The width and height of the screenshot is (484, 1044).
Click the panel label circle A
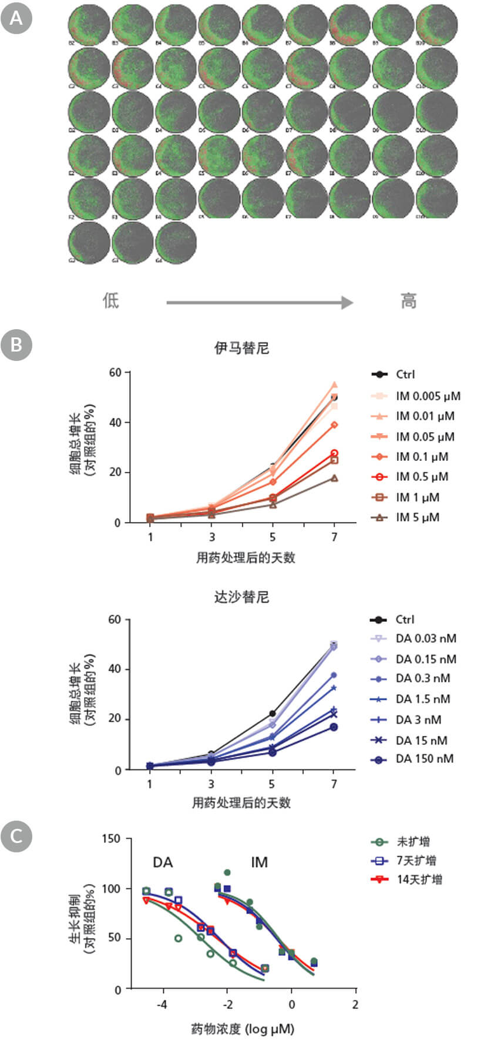[x=16, y=19]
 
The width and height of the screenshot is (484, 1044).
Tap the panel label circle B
[x=16, y=344]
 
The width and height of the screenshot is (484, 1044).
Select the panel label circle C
[x=16, y=835]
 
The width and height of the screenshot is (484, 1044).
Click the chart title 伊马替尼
[x=241, y=348]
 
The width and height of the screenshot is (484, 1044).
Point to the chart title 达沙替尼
[x=241, y=597]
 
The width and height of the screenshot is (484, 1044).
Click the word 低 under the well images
[x=111, y=301]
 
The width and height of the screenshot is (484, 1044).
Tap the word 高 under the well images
[x=409, y=301]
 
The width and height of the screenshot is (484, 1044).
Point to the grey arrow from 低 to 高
[x=259, y=303]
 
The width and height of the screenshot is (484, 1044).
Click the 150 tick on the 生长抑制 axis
[x=112, y=839]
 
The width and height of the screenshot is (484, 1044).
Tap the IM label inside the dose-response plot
[x=259, y=862]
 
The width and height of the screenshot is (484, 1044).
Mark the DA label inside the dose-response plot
[x=163, y=862]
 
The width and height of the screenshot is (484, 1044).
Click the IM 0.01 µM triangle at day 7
[x=334, y=384]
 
